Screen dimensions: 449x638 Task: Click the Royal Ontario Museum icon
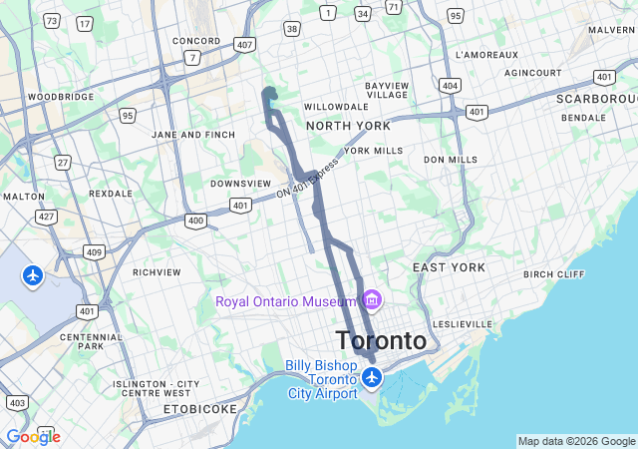coord(373,299)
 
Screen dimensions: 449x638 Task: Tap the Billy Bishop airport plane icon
coord(372,378)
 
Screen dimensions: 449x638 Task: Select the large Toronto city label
coord(382,340)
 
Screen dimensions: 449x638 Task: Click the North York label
coord(348,126)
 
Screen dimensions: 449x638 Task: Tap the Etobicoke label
coord(200,409)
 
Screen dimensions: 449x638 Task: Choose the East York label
coord(449,267)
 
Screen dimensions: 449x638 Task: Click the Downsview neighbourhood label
coord(240,184)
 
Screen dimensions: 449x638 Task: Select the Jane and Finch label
coord(193,135)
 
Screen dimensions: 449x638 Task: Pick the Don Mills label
coord(451,160)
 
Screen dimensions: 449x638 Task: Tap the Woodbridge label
coord(61,97)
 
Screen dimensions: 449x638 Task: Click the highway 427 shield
coord(46,216)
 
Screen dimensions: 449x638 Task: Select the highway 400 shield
coord(195,221)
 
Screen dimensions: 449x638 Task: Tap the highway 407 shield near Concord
coord(245,45)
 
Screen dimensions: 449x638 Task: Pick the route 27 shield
coord(63,162)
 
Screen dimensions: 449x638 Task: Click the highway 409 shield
coord(93,252)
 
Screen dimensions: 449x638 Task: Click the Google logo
coord(33,437)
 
